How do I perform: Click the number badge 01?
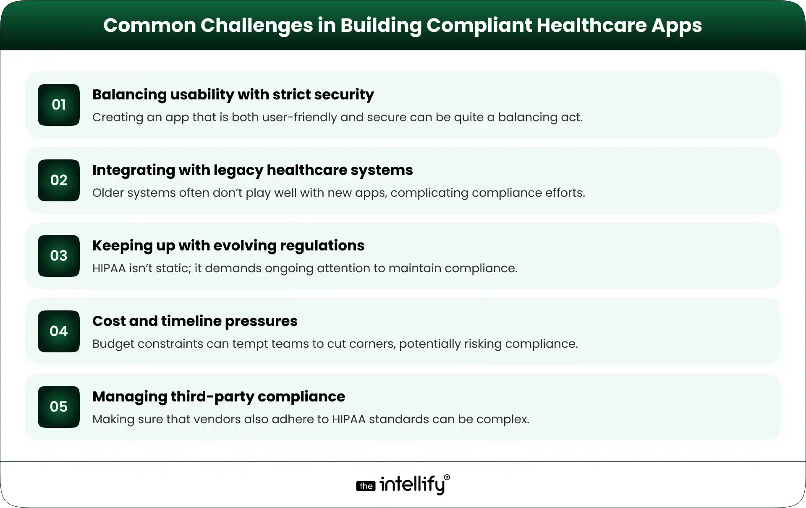pyautogui.click(x=59, y=105)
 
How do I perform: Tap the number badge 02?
pyautogui.click(x=59, y=180)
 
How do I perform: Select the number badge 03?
pyautogui.click(x=59, y=256)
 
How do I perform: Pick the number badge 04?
pyautogui.click(x=59, y=331)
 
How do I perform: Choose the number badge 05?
pyautogui.click(x=59, y=407)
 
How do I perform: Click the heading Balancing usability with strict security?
pyautogui.click(x=233, y=95)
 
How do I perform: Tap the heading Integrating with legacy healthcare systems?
pyautogui.click(x=252, y=170)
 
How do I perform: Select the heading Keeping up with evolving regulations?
pyautogui.click(x=228, y=246)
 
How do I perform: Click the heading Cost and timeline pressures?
pyautogui.click(x=195, y=321)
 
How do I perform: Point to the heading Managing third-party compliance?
pyautogui.click(x=219, y=397)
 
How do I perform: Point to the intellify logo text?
pyautogui.click(x=412, y=485)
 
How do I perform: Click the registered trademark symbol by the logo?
pyautogui.click(x=447, y=478)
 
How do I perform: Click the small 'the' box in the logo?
pyautogui.click(x=366, y=486)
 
